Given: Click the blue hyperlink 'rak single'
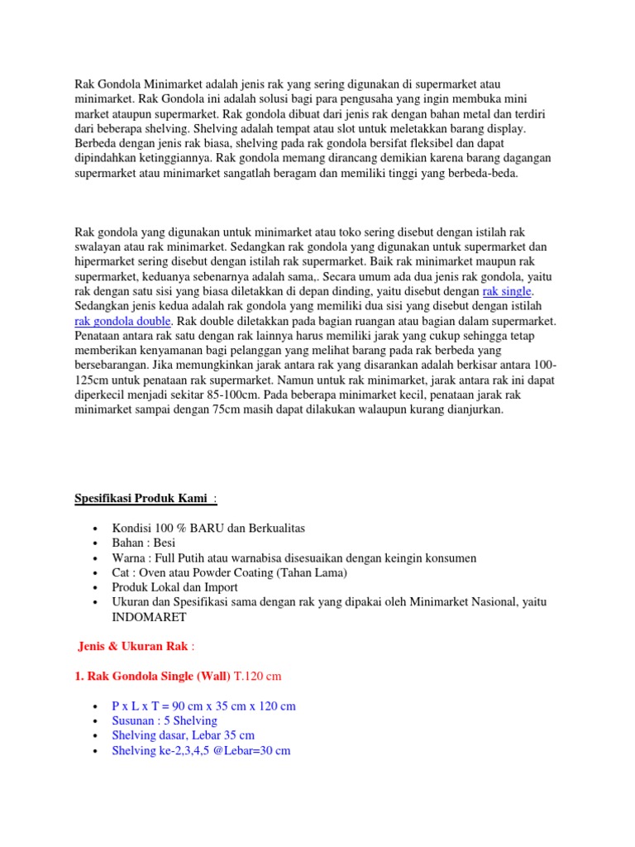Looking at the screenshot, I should point(508,291).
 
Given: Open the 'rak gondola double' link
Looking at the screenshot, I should point(123,321).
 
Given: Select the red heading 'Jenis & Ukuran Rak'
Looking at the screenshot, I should point(134,646).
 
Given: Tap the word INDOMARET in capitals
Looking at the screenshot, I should point(149,617).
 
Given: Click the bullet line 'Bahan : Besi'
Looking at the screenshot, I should point(144,543).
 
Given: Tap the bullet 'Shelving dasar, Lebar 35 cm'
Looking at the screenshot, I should point(183,736).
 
